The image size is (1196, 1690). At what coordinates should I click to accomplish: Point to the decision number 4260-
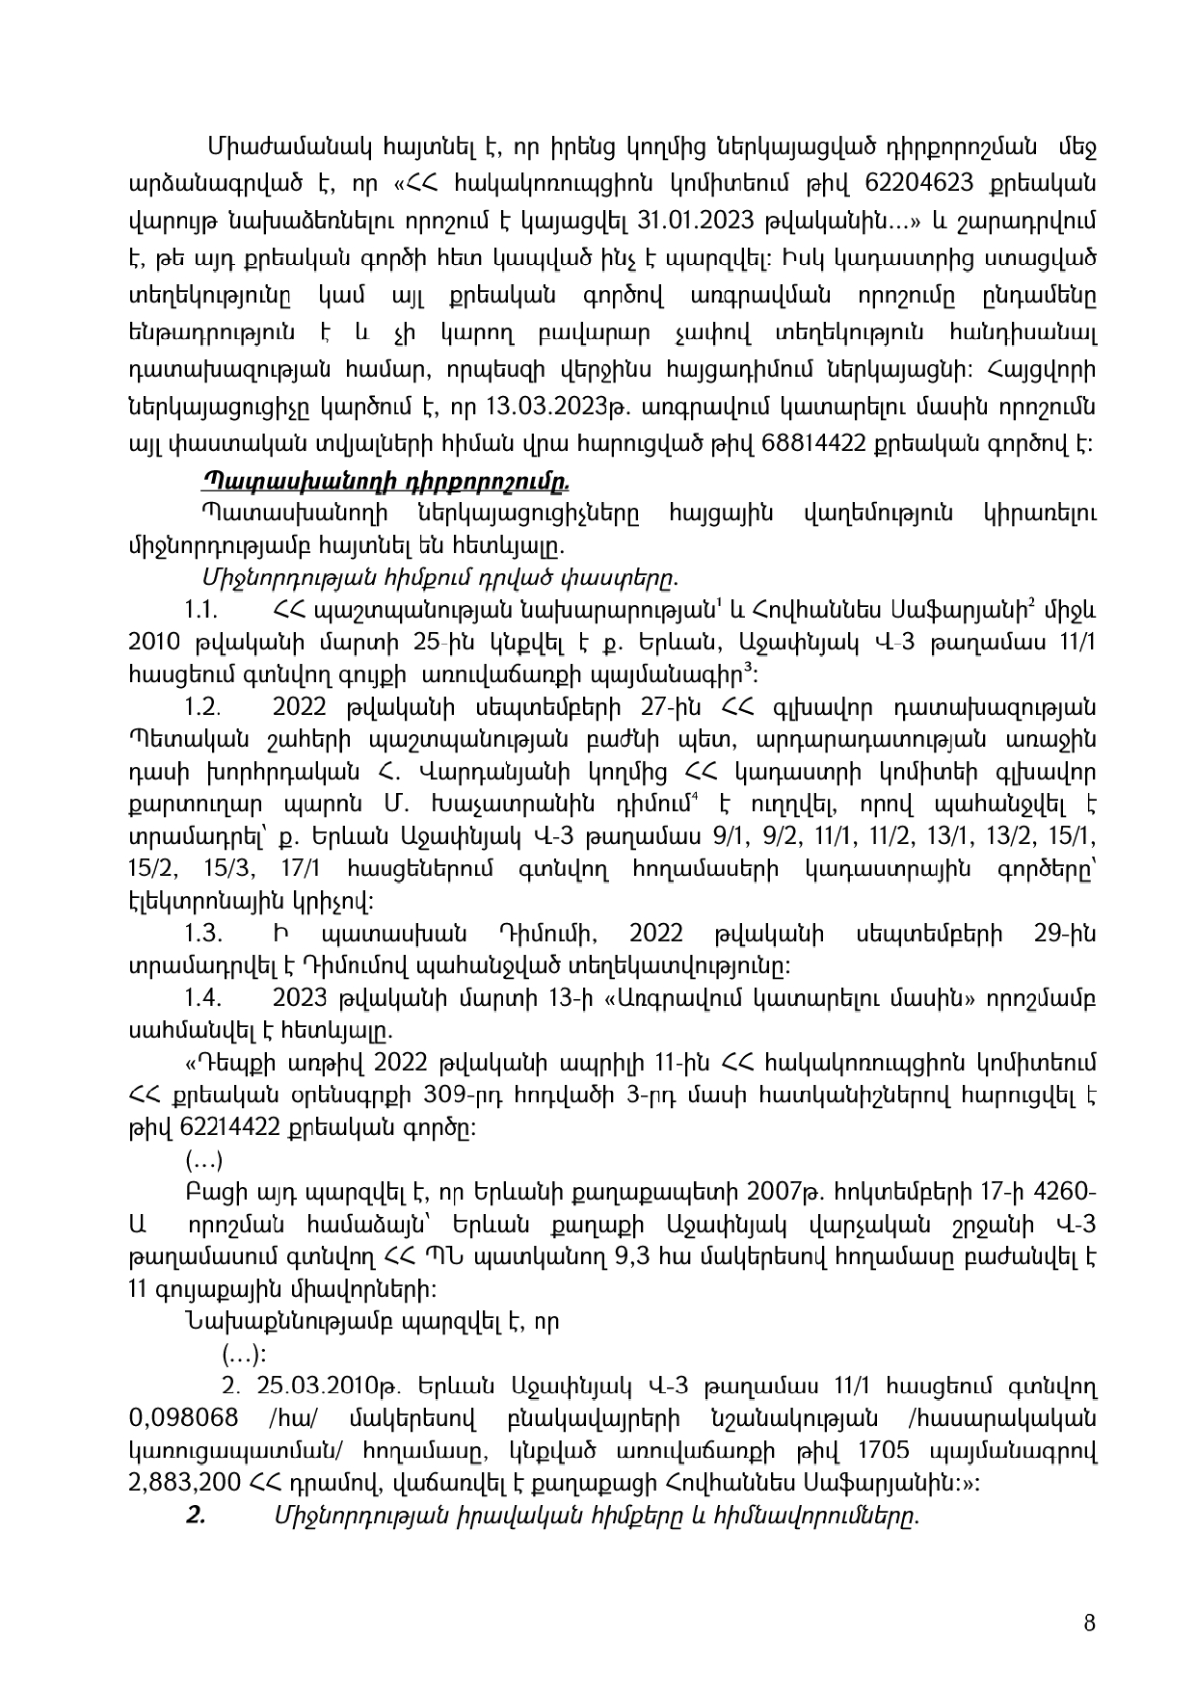1062,1192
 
